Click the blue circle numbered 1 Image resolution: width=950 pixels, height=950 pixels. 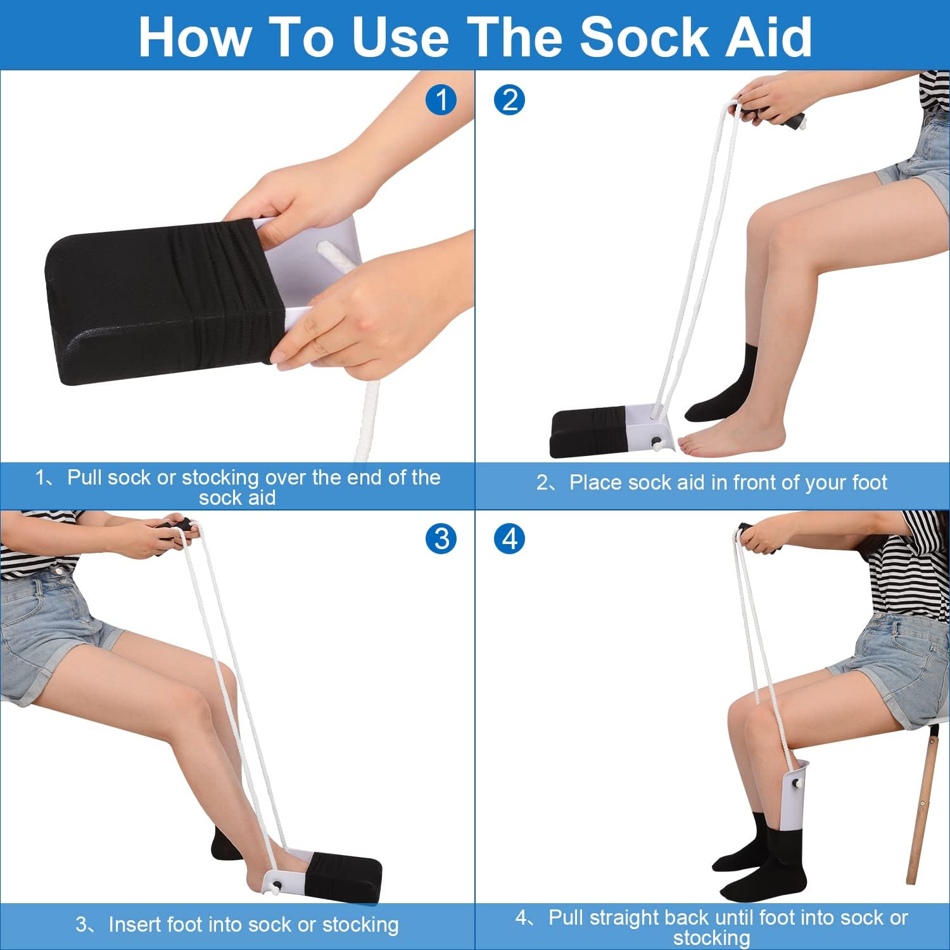441,99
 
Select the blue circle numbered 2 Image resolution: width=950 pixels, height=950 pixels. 510,99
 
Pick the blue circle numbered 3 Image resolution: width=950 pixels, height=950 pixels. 441,539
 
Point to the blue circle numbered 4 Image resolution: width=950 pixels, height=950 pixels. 510,539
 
